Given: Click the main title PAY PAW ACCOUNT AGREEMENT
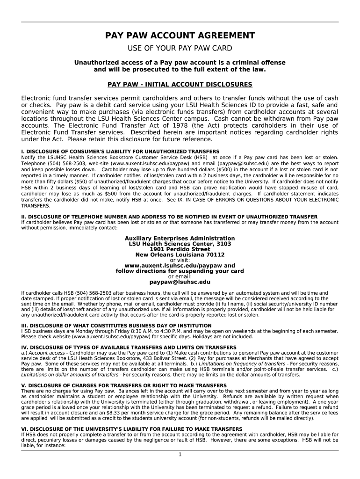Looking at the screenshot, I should point(180,36).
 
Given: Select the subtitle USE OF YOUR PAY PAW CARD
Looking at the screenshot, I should point(180,49).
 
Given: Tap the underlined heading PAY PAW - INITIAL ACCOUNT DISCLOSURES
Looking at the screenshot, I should point(180,85).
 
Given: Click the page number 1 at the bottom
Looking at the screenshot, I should point(180,454).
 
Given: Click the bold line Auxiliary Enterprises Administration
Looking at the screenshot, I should point(180,239).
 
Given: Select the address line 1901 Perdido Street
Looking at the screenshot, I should point(180,249).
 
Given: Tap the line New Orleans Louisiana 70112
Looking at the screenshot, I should point(180,255).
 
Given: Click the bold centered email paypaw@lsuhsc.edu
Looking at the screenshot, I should point(180,282).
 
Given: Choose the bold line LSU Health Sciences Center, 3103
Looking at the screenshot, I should point(180,244).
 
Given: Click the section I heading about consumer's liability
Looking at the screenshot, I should point(120,152).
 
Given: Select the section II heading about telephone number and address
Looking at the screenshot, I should point(169,217).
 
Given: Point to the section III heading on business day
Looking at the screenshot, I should point(111,326).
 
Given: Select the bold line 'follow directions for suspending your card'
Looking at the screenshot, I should point(180,271).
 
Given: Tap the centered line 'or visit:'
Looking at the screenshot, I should point(180,260).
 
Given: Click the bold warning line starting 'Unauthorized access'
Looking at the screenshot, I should point(180,63).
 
